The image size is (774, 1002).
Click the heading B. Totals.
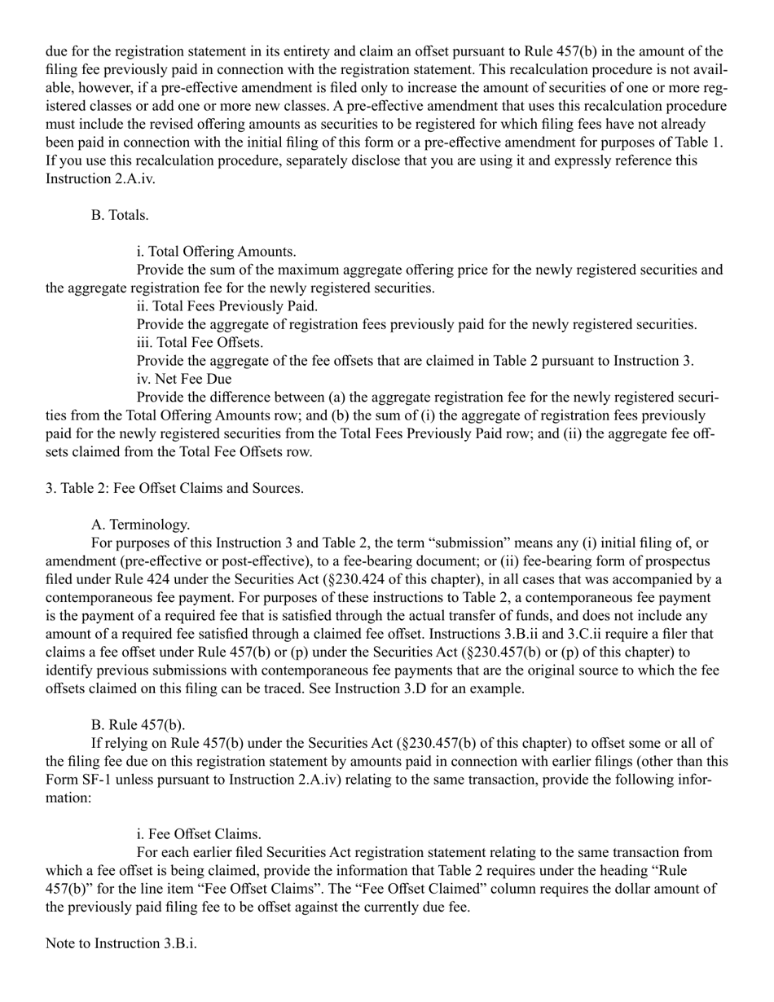[x=120, y=215]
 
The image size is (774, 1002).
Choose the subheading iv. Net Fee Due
[x=184, y=380]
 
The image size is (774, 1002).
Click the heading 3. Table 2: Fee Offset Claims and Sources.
[x=174, y=488]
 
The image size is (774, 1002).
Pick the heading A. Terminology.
[x=140, y=525]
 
